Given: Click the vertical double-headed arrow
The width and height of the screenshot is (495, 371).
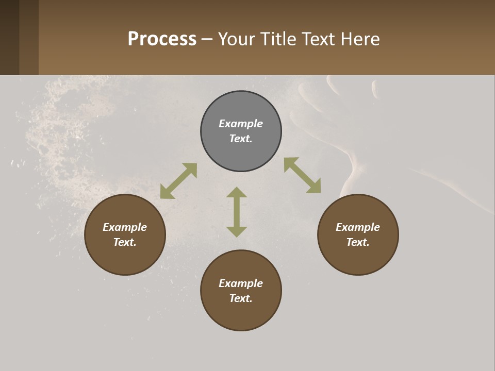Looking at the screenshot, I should pos(237,212).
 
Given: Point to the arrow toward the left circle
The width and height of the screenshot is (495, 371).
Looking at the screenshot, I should pos(178,181).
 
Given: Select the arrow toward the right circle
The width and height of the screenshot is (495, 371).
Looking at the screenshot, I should pos(302,175).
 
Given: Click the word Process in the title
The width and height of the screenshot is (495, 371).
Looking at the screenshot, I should pos(162,39).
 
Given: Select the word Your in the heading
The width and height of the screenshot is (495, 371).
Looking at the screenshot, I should pos(237,39).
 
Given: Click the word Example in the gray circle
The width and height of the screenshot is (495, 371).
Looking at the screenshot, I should pos(241,124).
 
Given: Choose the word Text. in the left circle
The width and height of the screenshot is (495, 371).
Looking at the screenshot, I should pos(125,242).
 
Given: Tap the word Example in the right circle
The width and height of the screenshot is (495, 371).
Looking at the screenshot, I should pos(358,227).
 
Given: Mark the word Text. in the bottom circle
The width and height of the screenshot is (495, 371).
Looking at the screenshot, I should pos(241,298).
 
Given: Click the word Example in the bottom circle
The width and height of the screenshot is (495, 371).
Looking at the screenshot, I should pos(241,283).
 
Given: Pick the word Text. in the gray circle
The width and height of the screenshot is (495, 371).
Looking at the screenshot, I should pos(241,139).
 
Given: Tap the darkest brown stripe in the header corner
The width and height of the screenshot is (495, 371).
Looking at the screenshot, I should pos(9,37).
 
